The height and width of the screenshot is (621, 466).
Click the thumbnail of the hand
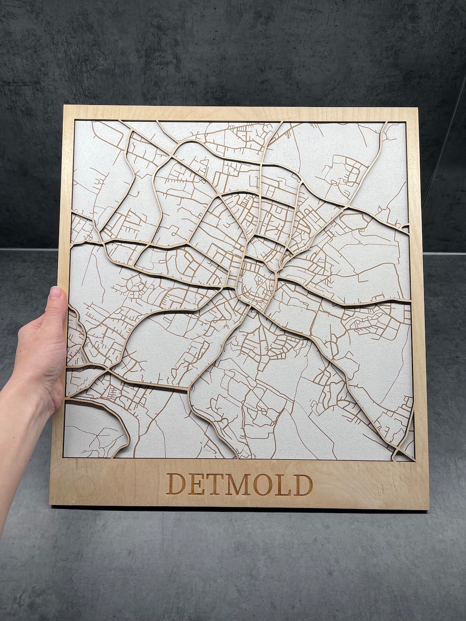pos(56,295)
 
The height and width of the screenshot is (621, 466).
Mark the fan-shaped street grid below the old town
pos(263,341)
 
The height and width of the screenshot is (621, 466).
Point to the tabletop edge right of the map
pos(444,254)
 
